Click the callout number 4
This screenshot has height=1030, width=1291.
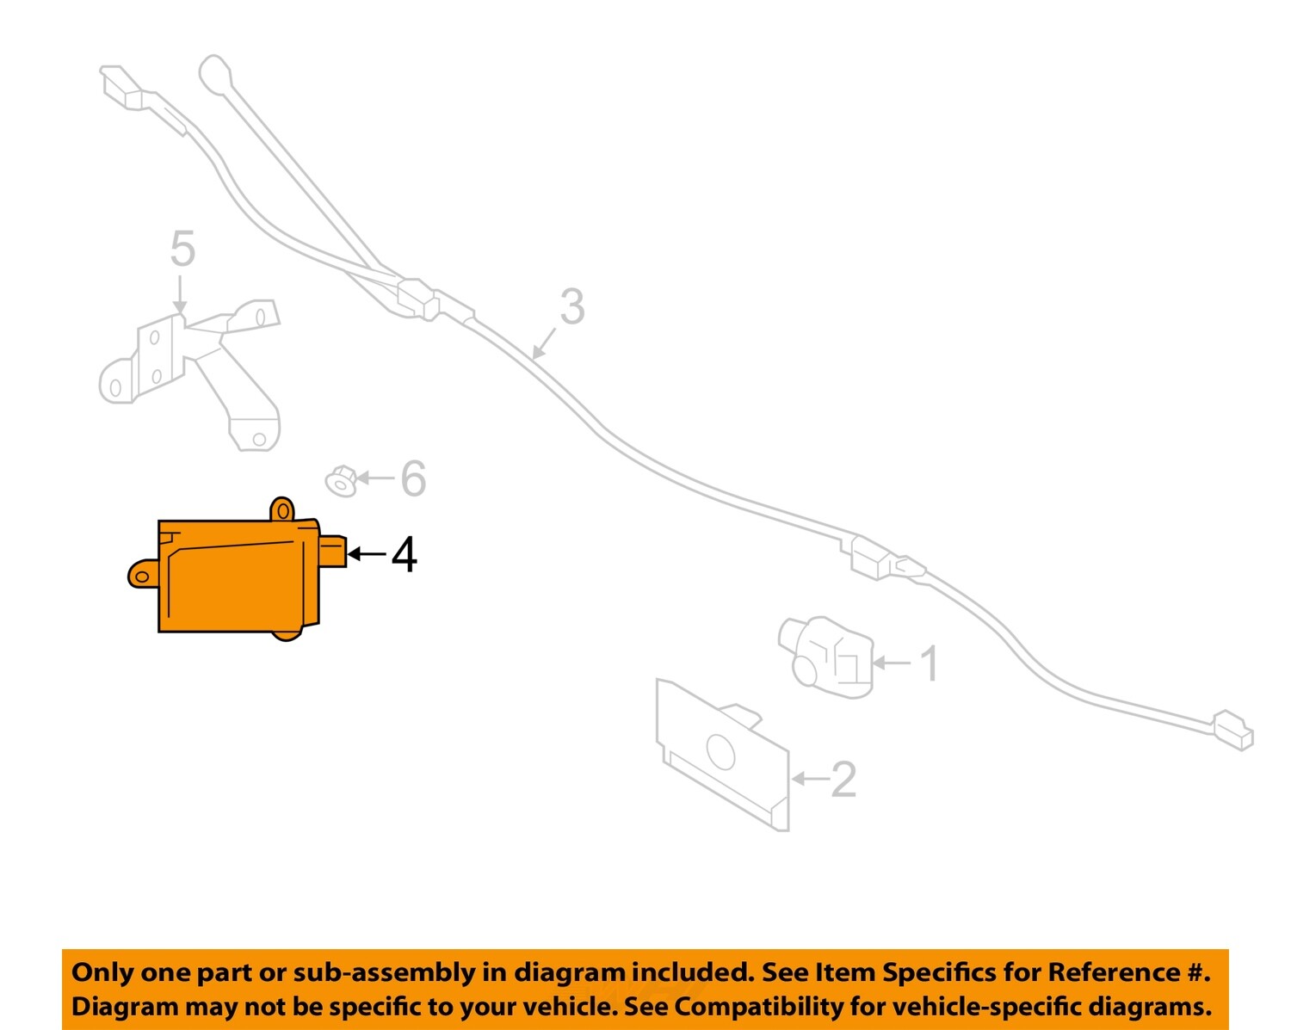pos(404,555)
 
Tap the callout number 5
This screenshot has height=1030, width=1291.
pos(182,249)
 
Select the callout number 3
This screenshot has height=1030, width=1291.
pos(571,307)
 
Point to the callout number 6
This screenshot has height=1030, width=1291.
pos(413,478)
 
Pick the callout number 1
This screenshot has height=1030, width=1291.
pos(929,664)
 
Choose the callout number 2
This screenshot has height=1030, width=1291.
pos(843,780)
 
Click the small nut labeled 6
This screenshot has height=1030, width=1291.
pos(341,480)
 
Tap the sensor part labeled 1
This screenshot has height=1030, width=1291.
pos(825,657)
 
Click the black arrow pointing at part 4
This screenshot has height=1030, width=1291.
pos(367,554)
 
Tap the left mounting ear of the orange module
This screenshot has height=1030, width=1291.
pos(143,574)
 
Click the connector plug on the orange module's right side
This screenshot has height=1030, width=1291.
pos(333,551)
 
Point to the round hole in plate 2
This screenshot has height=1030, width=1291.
pos(720,752)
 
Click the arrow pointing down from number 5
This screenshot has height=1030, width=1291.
pos(179,294)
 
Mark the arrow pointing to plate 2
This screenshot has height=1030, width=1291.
pos(811,779)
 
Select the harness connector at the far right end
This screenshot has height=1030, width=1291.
pos(1232,731)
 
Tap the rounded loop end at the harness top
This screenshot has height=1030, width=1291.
pos(215,73)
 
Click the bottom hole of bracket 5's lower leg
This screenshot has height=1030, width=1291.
pos(259,439)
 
